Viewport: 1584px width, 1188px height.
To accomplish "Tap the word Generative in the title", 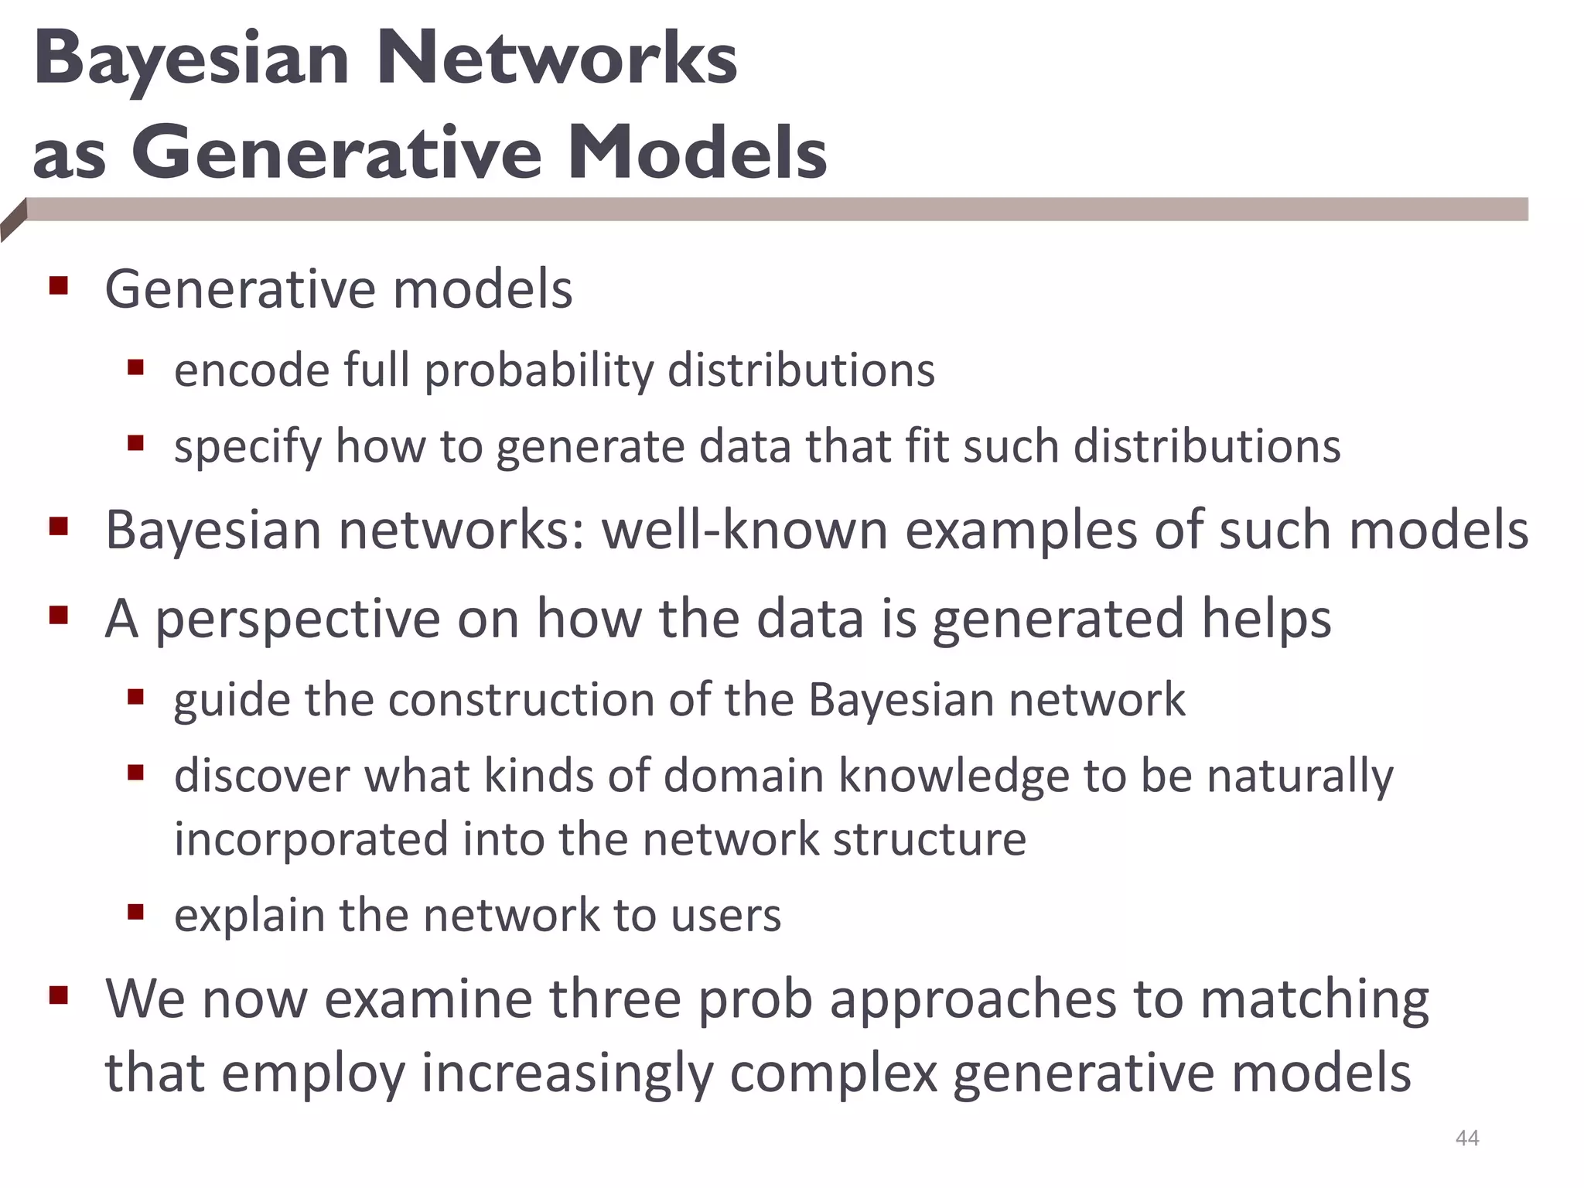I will pos(336,152).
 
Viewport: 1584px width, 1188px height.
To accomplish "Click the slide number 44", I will pos(1466,1138).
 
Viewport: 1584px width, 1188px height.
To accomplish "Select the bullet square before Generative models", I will pos(59,287).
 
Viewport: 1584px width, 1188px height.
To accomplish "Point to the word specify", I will pos(247,448).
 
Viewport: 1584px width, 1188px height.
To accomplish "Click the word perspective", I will pos(297,620).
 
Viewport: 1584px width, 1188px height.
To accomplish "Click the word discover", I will pos(261,776).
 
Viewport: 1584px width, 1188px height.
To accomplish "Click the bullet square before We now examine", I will pos(59,995).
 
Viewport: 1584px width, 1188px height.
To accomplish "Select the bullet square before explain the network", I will pos(136,912).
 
